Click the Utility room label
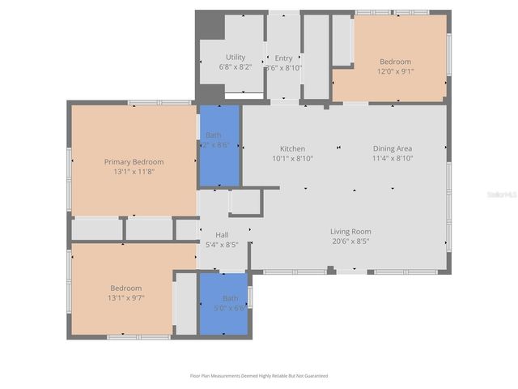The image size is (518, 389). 236,58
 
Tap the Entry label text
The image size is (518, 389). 283,58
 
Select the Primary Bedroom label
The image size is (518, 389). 134,162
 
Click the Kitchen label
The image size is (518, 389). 292,149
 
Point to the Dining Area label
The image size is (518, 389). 393,149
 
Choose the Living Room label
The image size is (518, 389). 350,232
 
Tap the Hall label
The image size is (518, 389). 222,235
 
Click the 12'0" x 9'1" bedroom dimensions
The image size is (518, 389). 396,71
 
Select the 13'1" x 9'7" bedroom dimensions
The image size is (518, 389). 126,297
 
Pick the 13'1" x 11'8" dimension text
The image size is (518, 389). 134,172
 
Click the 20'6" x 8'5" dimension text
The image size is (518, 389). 350,242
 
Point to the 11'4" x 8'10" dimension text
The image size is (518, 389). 393,159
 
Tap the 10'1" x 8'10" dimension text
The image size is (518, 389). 292,159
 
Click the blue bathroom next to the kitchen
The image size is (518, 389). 219,146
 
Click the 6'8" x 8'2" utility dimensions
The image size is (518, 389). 236,67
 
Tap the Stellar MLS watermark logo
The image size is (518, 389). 497,195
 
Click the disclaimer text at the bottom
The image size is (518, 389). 259,376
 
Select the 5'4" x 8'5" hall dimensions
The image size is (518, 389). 222,244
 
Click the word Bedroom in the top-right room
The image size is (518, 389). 396,62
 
